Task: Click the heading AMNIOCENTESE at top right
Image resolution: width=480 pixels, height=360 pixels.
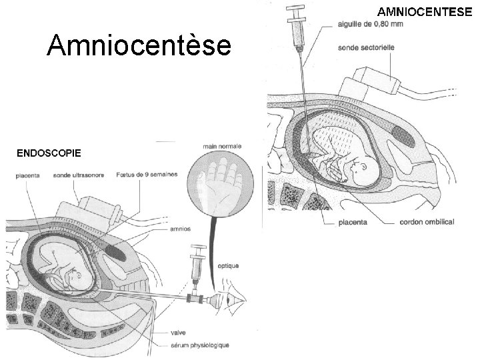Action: coord(425,11)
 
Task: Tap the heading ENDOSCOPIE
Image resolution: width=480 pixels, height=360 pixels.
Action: coord(49,153)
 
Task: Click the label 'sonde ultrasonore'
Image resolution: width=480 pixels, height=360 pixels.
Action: coord(77,177)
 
